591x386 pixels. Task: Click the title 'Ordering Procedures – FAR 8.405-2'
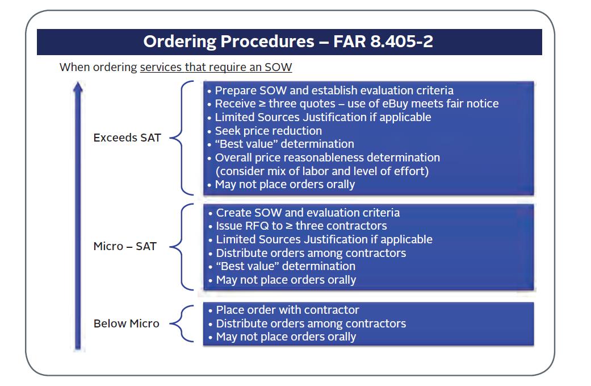[288, 41]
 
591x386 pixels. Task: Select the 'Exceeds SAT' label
[127, 138]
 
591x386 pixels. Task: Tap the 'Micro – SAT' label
[125, 247]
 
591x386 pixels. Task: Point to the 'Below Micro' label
[127, 323]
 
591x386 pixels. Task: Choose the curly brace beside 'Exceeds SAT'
[183, 138]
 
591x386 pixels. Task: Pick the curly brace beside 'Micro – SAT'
[183, 247]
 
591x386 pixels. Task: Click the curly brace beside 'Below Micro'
[183, 323]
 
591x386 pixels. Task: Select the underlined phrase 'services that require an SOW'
[216, 67]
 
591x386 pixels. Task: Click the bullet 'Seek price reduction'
[268, 131]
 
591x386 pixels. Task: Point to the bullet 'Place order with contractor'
[287, 310]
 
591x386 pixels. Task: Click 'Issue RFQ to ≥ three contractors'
[301, 226]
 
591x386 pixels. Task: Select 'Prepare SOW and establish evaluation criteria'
[334, 90]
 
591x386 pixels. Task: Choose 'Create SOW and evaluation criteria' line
[308, 213]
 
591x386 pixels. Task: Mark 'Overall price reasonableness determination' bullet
[327, 157]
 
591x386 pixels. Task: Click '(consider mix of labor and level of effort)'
[321, 171]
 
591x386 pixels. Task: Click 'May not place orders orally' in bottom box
[286, 337]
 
